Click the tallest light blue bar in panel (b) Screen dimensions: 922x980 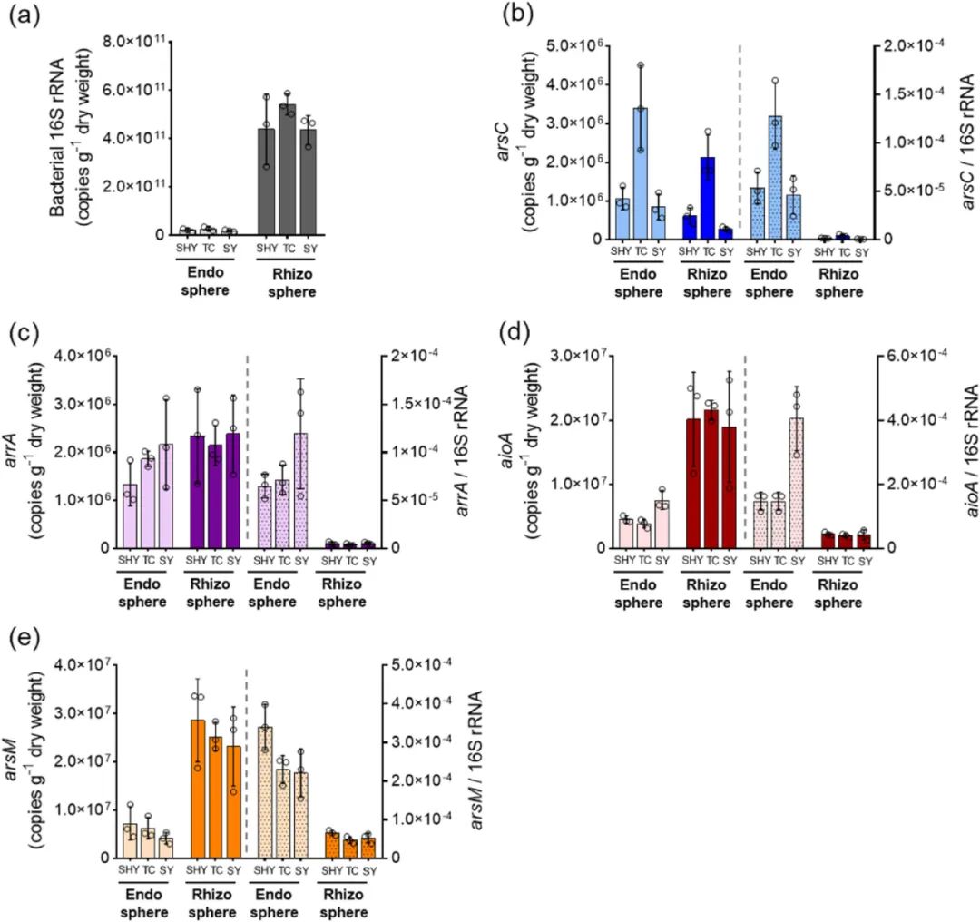641,173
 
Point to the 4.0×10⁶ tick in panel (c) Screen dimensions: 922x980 79,353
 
